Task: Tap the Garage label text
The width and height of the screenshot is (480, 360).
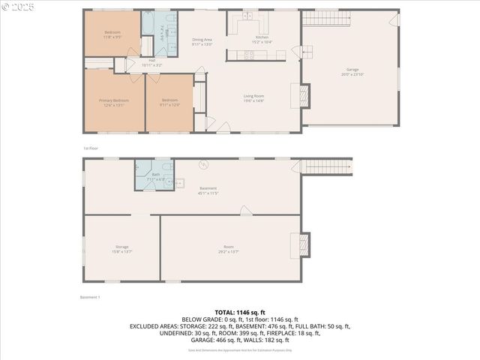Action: pyautogui.click(x=349, y=71)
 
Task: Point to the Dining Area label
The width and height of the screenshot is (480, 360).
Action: pyautogui.click(x=202, y=41)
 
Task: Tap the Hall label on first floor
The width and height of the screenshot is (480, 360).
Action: pyautogui.click(x=151, y=62)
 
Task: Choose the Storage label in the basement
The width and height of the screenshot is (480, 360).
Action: pyautogui.click(x=121, y=248)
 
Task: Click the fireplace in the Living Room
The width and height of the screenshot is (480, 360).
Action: pyautogui.click(x=304, y=94)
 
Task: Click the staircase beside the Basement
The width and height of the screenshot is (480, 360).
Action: pyautogui.click(x=327, y=166)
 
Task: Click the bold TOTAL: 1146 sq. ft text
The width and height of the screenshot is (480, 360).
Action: pyautogui.click(x=240, y=311)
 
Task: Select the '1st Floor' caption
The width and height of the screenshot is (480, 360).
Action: pyautogui.click(x=91, y=148)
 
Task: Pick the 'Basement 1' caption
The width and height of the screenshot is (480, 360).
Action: pyautogui.click(x=90, y=298)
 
